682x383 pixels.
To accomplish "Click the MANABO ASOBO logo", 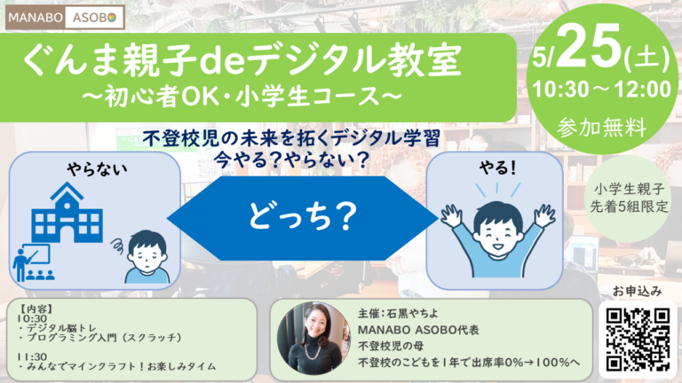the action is (65, 17).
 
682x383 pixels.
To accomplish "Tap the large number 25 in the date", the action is (590, 47).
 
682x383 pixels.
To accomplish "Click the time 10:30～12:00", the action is (602, 90).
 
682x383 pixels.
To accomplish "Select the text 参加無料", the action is (602, 128).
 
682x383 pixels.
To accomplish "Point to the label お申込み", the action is (638, 291).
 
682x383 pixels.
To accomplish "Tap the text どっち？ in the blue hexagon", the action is (303, 216).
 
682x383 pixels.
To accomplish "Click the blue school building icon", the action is (67, 213).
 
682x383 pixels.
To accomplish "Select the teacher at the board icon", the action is (33, 263).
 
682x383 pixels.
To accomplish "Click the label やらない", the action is (97, 169).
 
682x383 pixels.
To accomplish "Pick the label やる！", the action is (497, 168).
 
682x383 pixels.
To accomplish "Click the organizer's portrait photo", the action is (313, 339).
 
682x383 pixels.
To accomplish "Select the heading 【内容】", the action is (36, 309).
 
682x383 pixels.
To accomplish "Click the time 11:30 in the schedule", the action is (32, 356).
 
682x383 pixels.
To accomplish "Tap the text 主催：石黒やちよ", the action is (398, 313).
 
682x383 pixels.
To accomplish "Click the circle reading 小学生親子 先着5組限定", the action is (629, 199).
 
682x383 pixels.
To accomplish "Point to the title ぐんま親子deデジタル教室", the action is (242, 60).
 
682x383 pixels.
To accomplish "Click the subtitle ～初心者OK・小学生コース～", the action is (242, 97).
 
